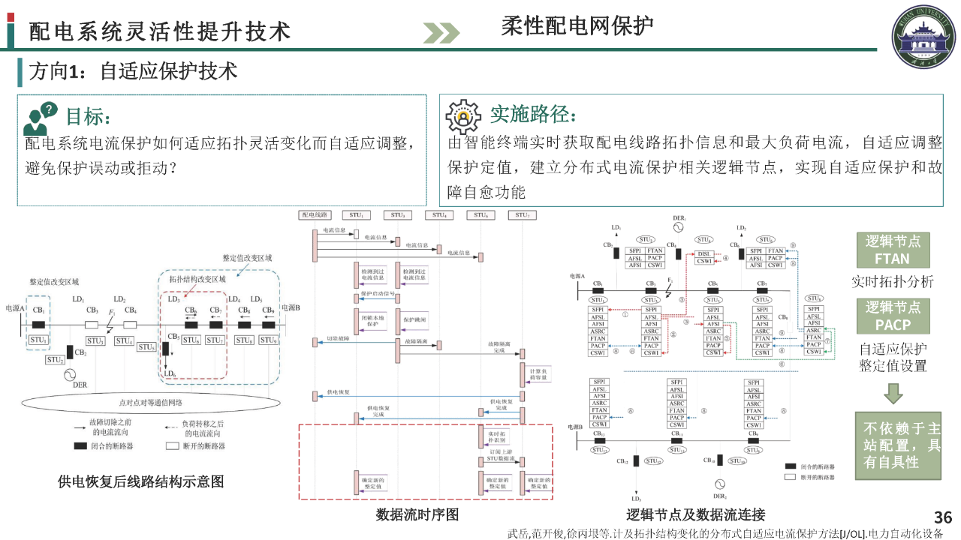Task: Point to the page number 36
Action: [943, 517]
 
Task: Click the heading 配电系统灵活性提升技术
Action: [159, 31]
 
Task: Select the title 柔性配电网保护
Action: [577, 26]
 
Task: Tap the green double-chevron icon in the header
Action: [441, 32]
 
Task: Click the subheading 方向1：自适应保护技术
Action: [133, 71]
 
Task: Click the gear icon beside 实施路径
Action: [463, 116]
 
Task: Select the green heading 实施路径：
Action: [533, 114]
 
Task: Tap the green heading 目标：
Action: [89, 116]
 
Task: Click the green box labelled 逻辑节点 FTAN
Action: [892, 250]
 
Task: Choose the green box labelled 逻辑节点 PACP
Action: [892, 316]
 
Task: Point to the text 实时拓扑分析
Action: [892, 282]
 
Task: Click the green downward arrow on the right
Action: [893, 393]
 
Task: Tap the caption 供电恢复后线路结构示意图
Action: [140, 481]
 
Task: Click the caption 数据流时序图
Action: [417, 514]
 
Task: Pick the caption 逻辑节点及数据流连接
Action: [695, 514]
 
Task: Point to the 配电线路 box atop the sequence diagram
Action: [315, 215]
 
